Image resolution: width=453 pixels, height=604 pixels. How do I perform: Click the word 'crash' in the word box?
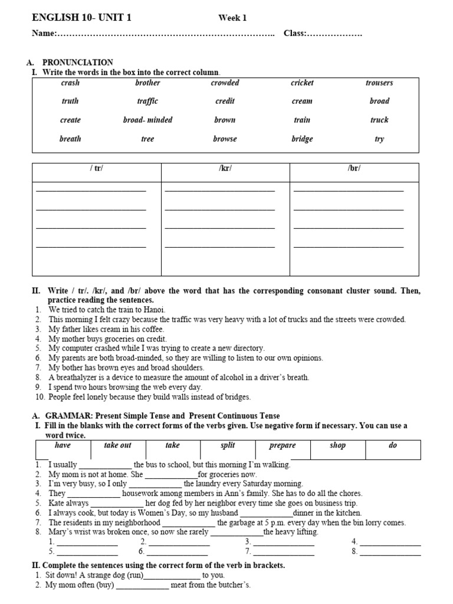[x=70, y=83]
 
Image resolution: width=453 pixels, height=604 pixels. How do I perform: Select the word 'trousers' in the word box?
[x=379, y=83]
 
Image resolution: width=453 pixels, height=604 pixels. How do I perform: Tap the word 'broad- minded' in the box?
[x=147, y=120]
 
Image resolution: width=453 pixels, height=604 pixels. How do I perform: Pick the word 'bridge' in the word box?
[x=302, y=139]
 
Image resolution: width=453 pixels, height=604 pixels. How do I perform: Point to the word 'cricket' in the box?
[x=302, y=83]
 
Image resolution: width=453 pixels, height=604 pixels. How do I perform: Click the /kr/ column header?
[x=225, y=169]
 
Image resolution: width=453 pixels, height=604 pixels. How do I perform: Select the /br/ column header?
[x=354, y=169]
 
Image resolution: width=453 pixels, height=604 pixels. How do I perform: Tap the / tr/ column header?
[x=96, y=169]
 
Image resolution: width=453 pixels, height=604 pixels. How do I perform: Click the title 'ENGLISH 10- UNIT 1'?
[x=81, y=18]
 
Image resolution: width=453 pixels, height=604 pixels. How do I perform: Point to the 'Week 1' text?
[x=232, y=18]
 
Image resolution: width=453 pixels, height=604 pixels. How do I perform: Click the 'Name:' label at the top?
[x=43, y=34]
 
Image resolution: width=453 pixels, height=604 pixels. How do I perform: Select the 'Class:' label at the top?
[x=295, y=34]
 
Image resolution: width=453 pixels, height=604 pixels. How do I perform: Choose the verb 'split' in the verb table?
[x=228, y=446]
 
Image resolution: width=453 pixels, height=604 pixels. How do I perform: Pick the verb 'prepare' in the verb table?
[x=283, y=446]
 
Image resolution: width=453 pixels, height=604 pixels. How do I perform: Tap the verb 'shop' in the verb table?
[x=337, y=446]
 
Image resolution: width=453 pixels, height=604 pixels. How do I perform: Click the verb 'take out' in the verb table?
[x=117, y=446]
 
